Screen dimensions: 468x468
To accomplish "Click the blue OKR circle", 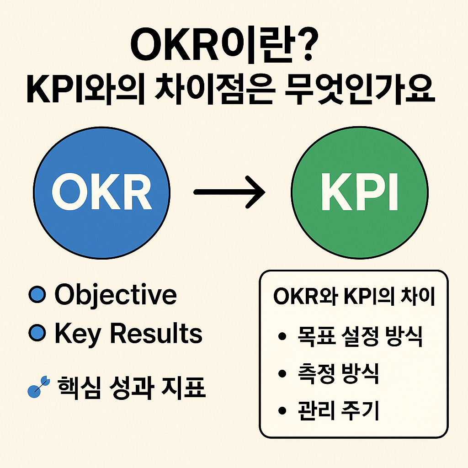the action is [x=101, y=191].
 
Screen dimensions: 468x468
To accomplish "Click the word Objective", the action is [x=115, y=295].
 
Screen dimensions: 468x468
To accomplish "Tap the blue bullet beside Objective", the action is [x=36, y=295].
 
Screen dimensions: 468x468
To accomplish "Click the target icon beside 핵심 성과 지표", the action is [x=37, y=388].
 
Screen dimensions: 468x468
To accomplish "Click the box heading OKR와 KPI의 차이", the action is [x=354, y=298].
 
